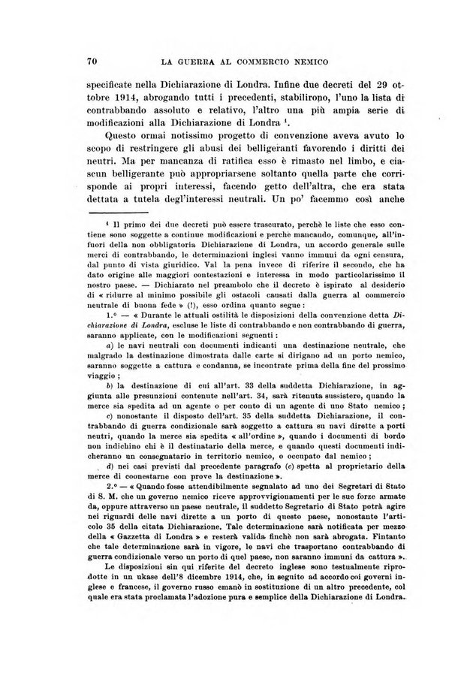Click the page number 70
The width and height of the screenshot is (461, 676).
click(x=95, y=60)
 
